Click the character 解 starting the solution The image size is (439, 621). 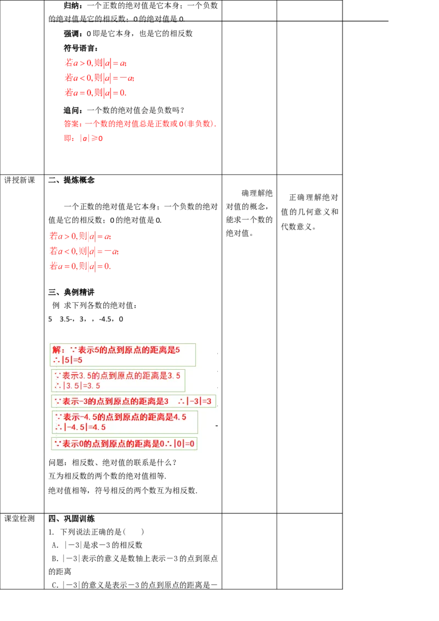(56, 349)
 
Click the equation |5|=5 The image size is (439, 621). (71, 360)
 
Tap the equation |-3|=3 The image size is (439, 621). (201, 401)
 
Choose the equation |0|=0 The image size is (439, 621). (184, 444)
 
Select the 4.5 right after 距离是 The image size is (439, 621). (179, 417)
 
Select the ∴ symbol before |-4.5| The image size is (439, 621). (58, 427)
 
